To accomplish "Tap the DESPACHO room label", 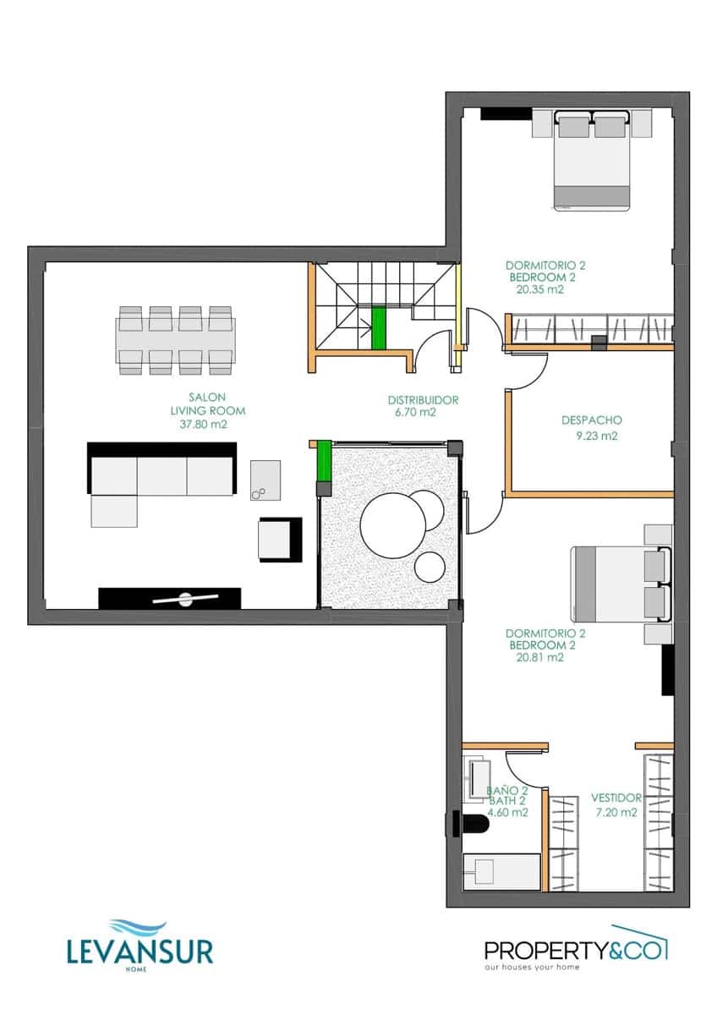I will tap(592, 420).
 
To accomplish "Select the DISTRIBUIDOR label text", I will tap(423, 400).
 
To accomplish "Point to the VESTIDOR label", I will tap(616, 798).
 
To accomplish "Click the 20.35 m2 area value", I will tap(539, 289).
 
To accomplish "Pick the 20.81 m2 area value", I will tap(539, 657).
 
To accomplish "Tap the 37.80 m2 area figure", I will tap(207, 425).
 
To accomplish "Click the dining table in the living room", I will tap(175, 339).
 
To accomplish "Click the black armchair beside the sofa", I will tap(280, 540).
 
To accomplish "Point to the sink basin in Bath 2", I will tap(479, 777).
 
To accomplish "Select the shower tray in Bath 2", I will tap(501, 871).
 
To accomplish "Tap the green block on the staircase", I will tap(378, 327).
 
